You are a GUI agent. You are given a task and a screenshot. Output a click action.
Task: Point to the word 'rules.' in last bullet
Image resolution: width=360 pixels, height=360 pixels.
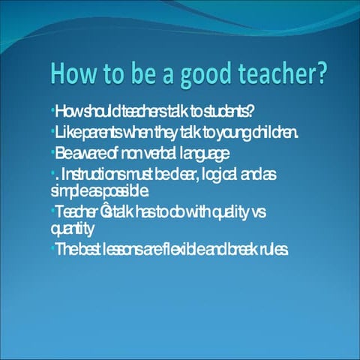(x=269, y=248)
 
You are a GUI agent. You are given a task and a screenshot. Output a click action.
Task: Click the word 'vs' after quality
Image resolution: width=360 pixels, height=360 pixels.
(x=259, y=212)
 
